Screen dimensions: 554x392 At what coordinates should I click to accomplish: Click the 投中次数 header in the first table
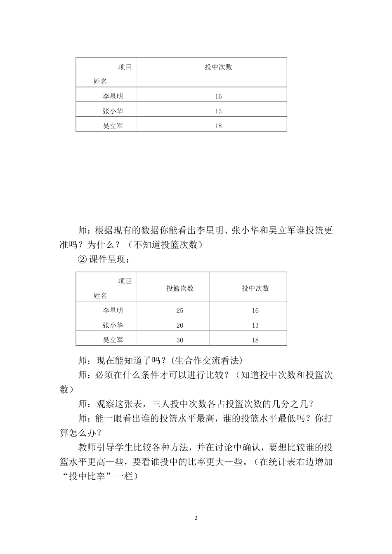coord(218,67)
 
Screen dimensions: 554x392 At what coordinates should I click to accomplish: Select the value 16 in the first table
coord(218,96)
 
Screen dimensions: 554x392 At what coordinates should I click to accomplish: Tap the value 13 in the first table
coord(218,111)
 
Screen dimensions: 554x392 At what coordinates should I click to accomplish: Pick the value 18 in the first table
coord(218,126)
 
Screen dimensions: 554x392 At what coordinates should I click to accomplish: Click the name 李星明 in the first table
coord(113,96)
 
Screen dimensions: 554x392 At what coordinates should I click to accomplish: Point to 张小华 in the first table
coord(113,111)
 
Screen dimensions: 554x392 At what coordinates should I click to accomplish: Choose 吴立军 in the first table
coord(113,126)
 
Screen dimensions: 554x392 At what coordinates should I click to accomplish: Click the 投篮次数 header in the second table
coord(180,289)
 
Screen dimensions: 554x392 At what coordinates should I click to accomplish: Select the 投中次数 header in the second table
coord(255,289)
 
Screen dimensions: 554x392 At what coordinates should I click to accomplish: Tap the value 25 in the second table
coord(179,311)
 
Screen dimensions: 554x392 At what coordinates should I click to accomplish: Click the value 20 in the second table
coord(179,326)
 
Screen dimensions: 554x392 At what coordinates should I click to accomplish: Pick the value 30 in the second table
coord(179,340)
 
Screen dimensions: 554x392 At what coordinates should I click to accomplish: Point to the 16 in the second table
coord(255,311)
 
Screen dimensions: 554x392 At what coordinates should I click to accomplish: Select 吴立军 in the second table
coord(113,340)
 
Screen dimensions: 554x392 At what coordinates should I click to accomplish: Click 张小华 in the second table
coord(113,325)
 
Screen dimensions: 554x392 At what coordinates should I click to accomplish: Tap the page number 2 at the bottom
coord(196,518)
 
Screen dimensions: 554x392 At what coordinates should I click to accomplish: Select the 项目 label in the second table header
coord(125,281)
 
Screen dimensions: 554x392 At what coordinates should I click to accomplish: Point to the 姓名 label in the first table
coord(100,82)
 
